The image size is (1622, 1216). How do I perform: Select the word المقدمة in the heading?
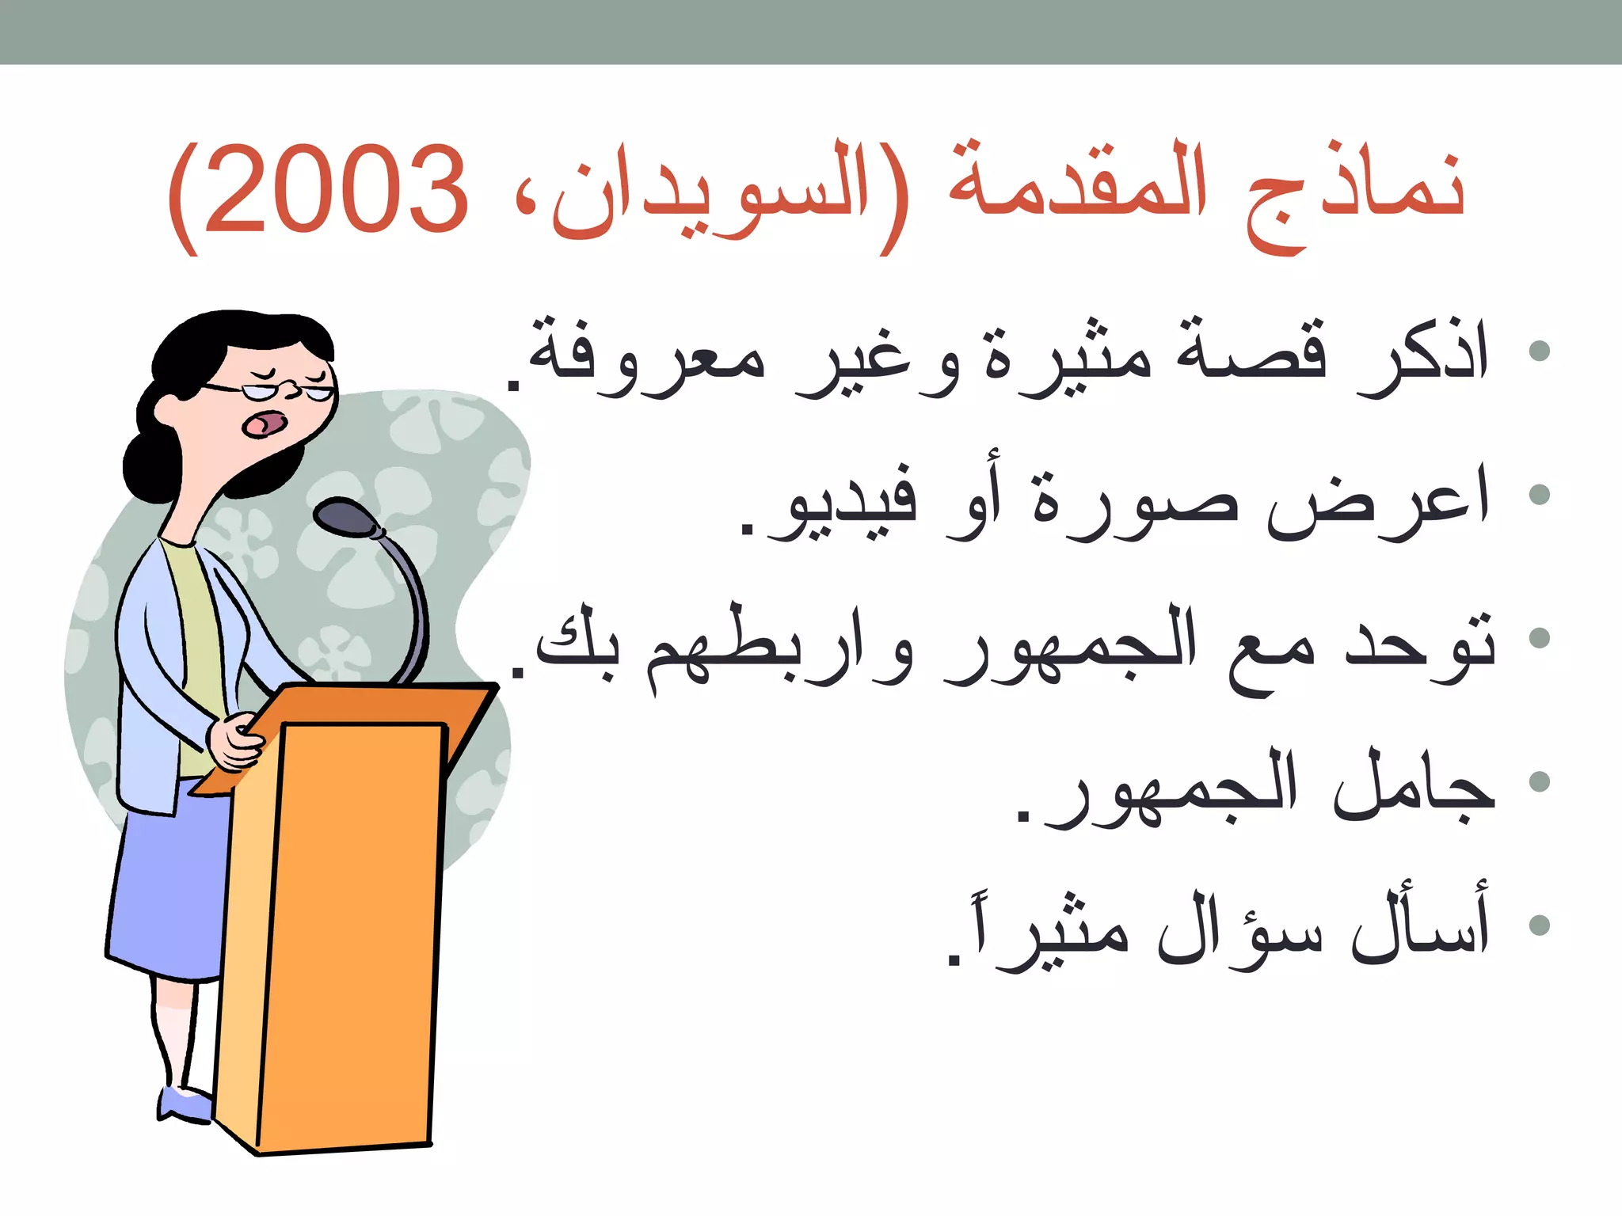click(1077, 186)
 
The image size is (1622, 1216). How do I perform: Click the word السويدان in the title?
click(713, 194)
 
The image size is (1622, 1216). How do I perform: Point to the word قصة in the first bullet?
click(1251, 352)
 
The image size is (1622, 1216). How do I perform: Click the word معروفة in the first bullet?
click(645, 360)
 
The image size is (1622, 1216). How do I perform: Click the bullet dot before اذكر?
click(1539, 351)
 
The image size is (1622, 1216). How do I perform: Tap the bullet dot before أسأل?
click(1539, 925)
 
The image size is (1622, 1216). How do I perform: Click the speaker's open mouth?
click(264, 424)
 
